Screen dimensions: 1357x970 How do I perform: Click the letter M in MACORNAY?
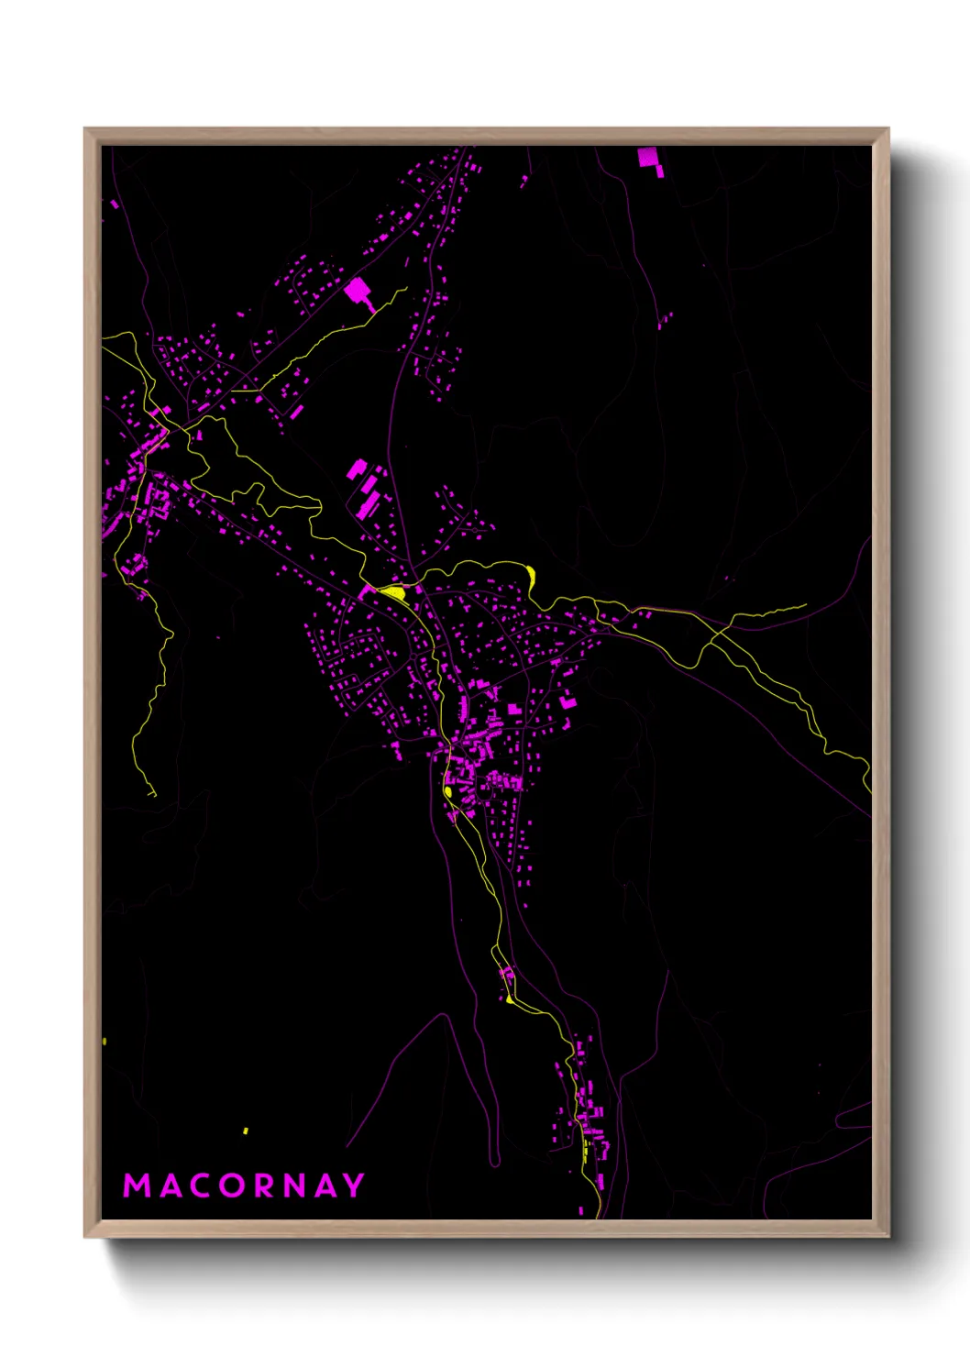(x=137, y=1186)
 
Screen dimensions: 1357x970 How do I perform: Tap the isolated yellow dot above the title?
(x=246, y=1131)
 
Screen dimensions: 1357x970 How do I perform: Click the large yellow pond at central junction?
(x=392, y=592)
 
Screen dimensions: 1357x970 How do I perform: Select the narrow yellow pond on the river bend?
(x=531, y=577)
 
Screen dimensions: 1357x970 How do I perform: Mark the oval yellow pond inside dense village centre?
(x=448, y=791)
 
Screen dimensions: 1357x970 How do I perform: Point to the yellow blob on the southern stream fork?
(x=510, y=999)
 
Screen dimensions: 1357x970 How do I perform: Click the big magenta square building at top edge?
(x=648, y=157)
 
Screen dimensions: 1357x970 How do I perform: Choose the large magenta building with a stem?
(x=357, y=292)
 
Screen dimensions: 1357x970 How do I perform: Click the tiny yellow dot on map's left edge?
(x=105, y=1041)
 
